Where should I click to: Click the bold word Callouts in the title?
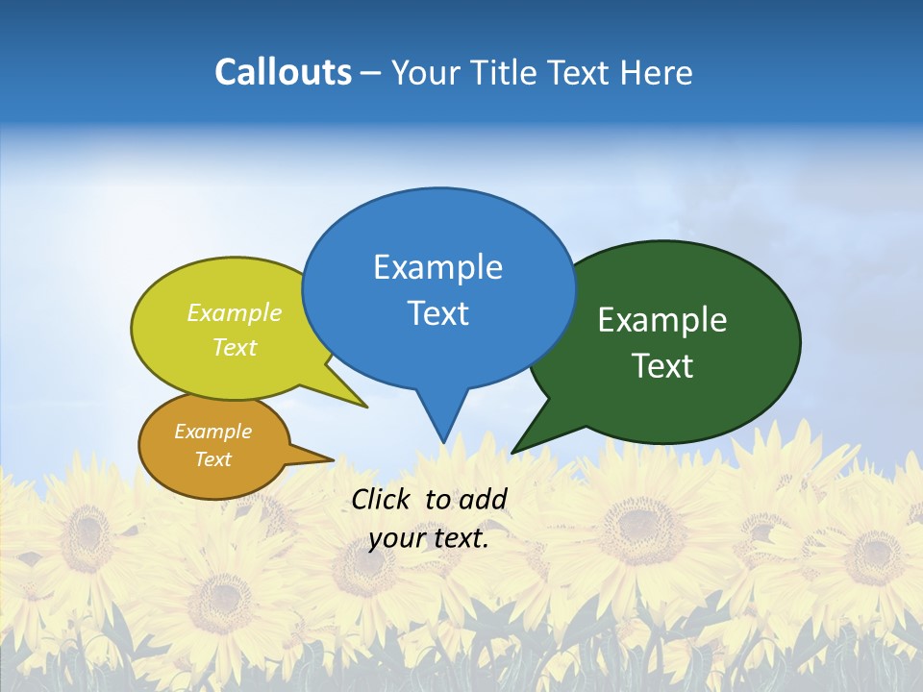(x=283, y=72)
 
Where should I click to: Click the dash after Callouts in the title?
(x=372, y=73)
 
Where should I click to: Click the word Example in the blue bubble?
(x=437, y=267)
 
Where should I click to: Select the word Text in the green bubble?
(x=662, y=366)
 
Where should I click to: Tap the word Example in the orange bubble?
(x=212, y=432)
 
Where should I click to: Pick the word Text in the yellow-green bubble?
(x=235, y=347)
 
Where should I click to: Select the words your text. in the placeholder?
(x=429, y=538)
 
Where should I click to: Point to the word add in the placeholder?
(x=483, y=499)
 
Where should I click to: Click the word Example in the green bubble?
(x=662, y=320)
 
